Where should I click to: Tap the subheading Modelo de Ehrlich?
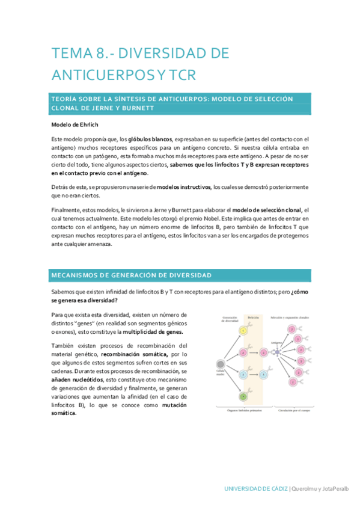(75, 125)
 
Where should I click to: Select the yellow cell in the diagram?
(243, 331)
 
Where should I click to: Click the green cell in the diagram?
(243, 396)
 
